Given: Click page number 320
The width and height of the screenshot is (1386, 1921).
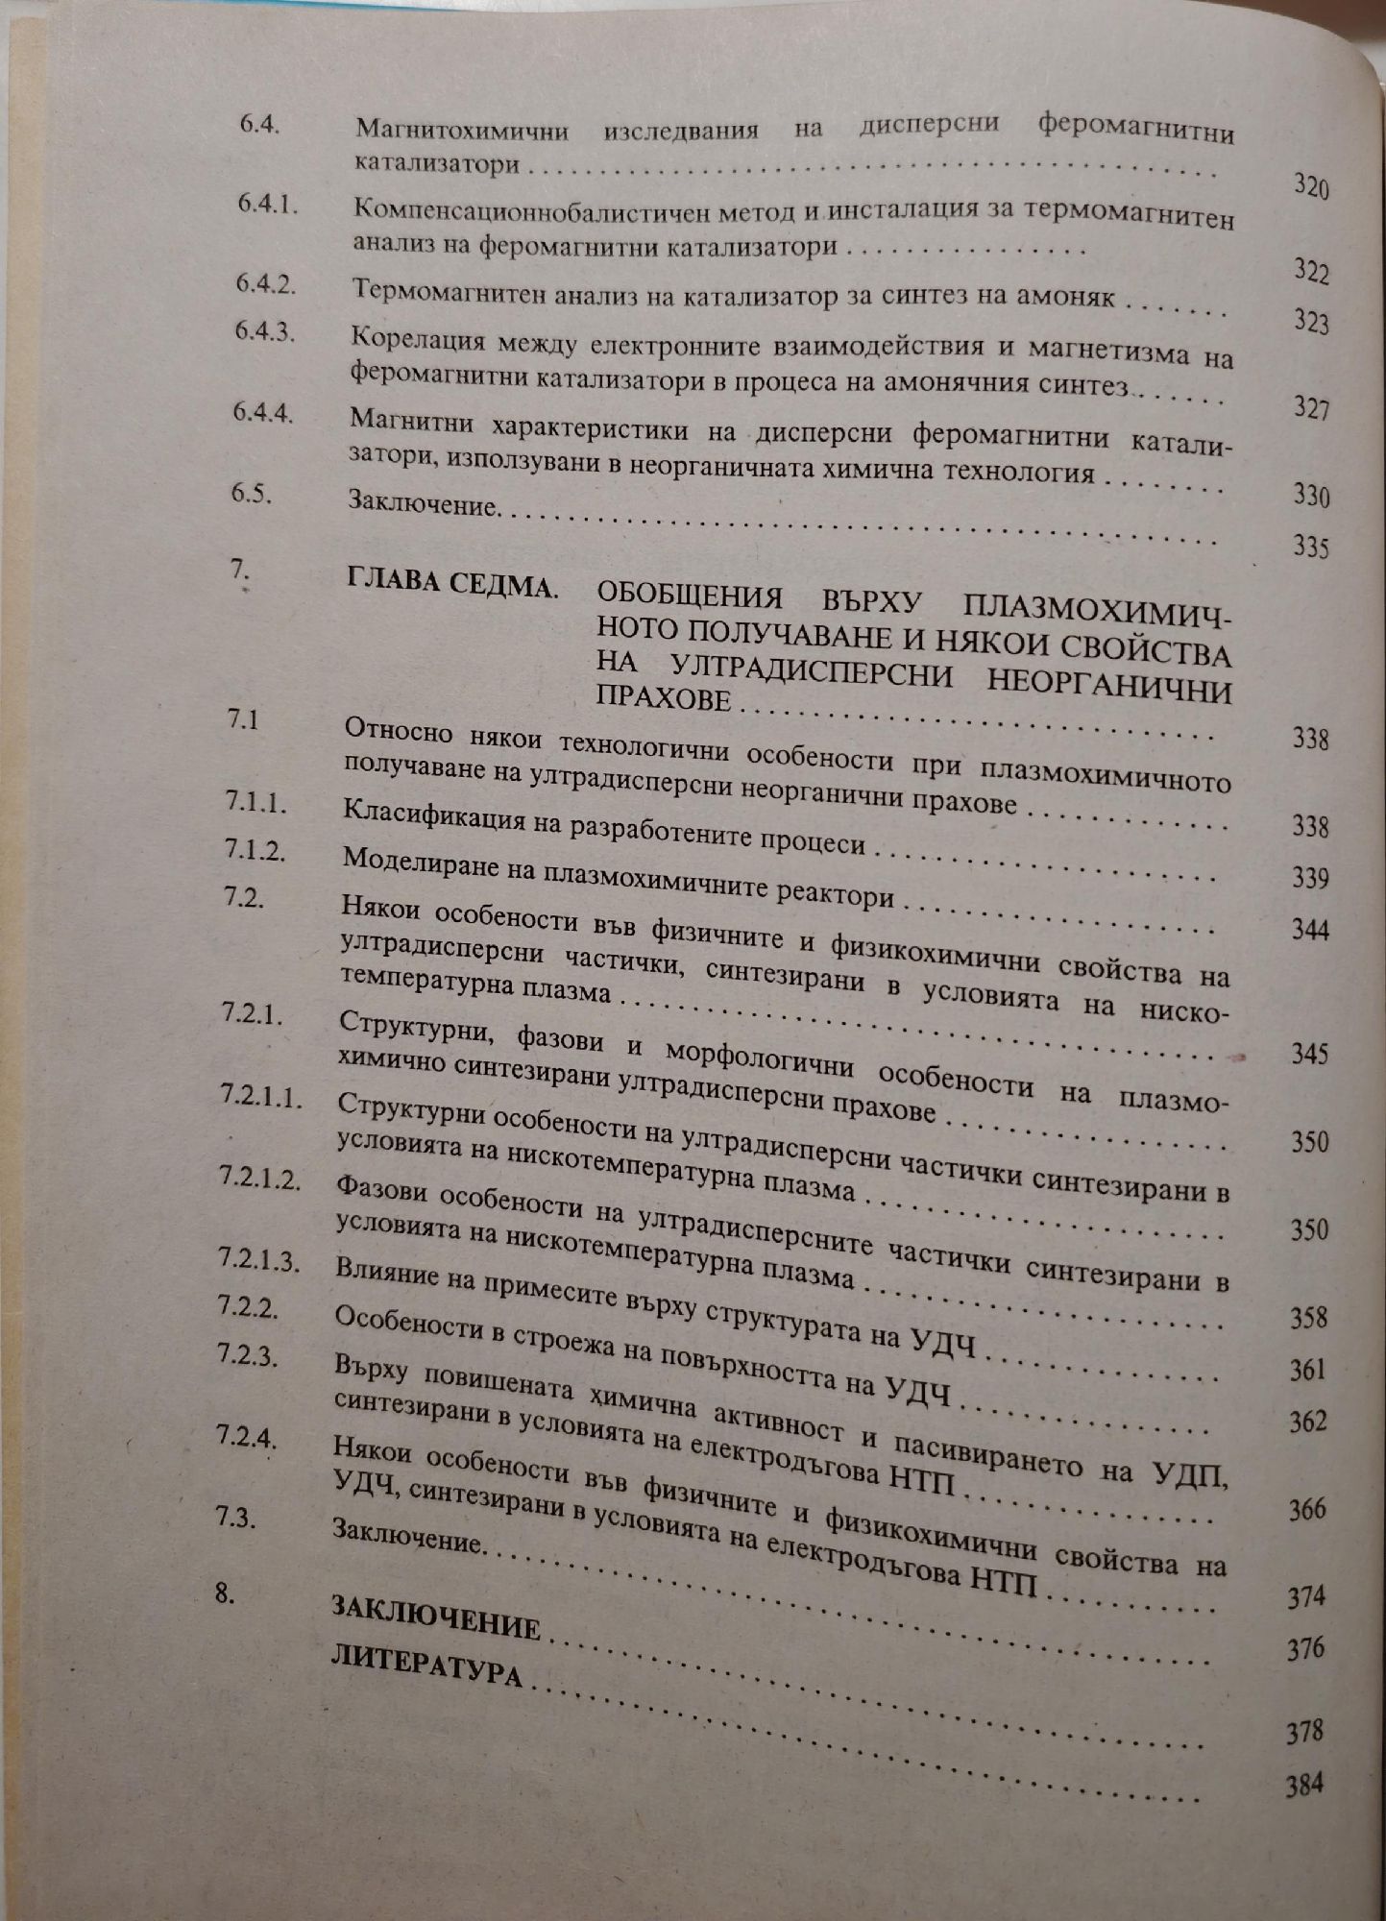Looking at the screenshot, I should click(x=1310, y=186).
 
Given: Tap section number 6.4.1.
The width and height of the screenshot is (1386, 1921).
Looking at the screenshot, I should click(x=267, y=204).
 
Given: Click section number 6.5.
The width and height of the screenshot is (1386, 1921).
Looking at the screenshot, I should click(x=251, y=494).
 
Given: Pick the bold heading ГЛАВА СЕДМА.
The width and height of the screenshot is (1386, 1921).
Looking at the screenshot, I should click(x=450, y=582).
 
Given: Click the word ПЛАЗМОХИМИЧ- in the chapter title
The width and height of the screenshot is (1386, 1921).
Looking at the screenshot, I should click(x=1097, y=609).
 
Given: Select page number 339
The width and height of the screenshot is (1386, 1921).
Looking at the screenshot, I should click(x=1310, y=878).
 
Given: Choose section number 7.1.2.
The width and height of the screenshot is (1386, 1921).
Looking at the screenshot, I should click(x=255, y=849).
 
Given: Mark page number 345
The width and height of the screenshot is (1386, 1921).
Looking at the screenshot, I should click(x=1309, y=1054).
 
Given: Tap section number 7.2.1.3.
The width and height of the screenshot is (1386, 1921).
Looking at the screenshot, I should click(x=258, y=1259).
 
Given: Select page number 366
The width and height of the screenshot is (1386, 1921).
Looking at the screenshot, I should click(x=1307, y=1509).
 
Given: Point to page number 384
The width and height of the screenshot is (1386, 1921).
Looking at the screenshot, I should click(x=1304, y=1785).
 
